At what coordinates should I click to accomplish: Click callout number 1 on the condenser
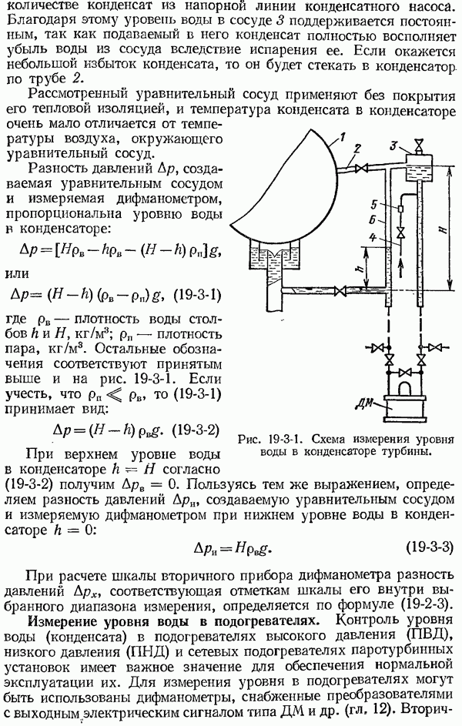pos(342,136)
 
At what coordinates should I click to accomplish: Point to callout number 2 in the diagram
pos(357,149)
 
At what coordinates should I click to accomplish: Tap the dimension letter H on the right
pos(443,229)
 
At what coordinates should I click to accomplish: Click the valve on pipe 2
pos(360,169)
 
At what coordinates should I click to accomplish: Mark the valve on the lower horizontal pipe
pos(340,291)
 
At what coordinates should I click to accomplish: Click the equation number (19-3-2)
pos(196,430)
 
